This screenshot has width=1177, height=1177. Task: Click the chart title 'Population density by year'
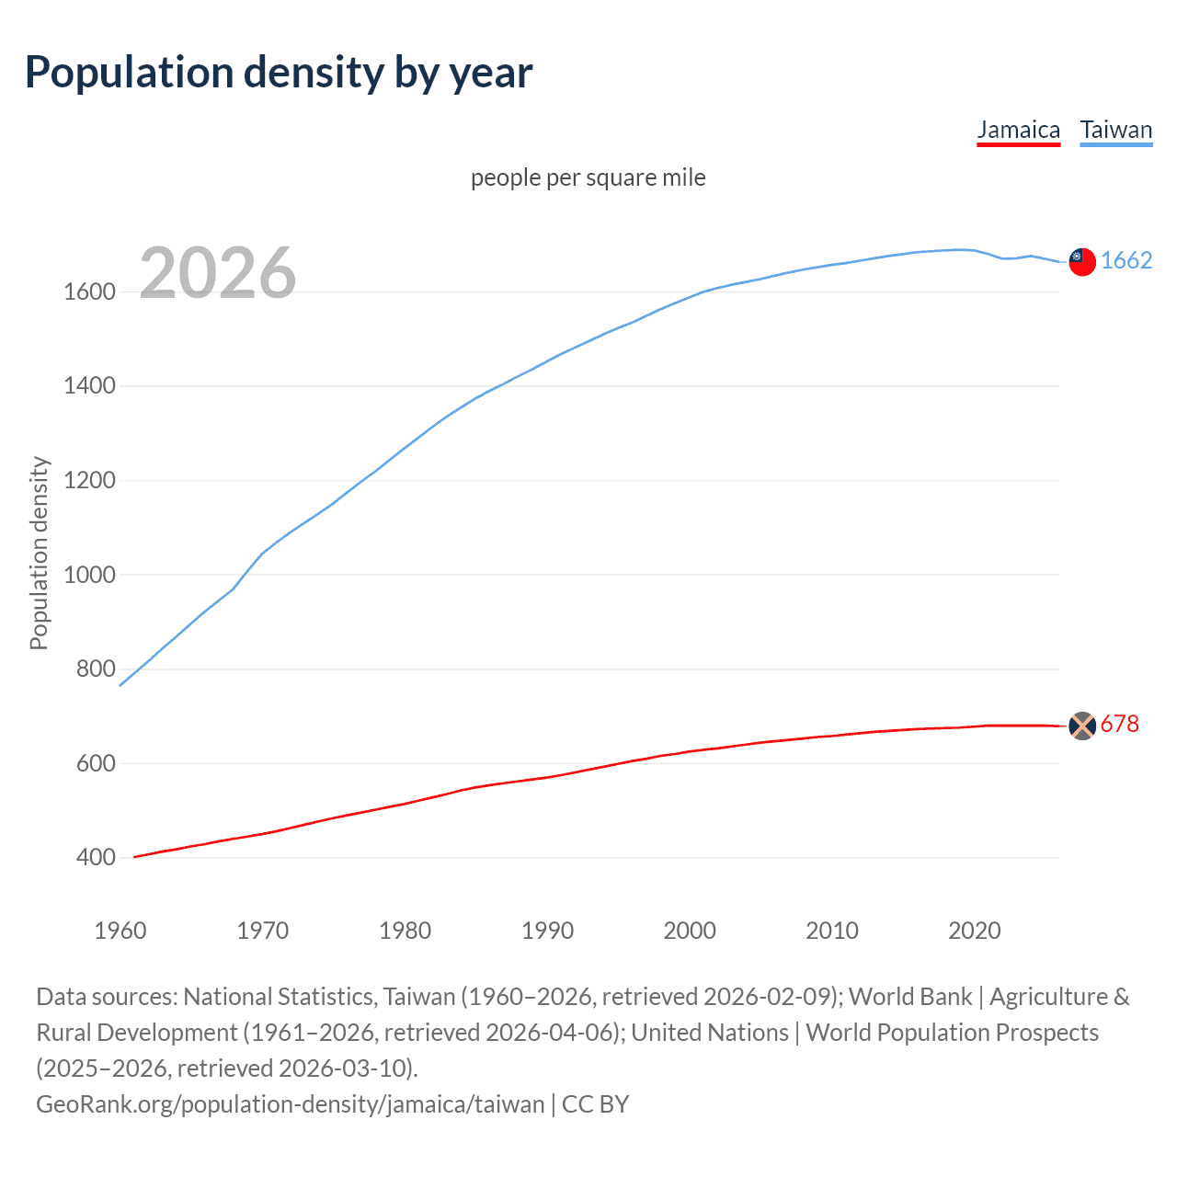click(279, 73)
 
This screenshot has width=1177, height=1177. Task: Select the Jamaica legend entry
click(1018, 130)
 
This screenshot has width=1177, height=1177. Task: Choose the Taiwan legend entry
click(1115, 130)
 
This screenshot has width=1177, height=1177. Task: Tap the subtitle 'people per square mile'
click(588, 177)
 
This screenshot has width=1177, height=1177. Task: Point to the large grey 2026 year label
click(218, 273)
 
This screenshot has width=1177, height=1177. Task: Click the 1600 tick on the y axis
click(89, 292)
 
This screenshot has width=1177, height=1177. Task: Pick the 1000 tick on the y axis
click(89, 575)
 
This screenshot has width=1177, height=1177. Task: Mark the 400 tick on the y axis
click(96, 858)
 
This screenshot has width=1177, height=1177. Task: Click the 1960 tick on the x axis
click(120, 931)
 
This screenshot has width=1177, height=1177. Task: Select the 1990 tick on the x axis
click(547, 931)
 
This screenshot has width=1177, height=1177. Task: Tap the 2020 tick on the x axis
click(974, 931)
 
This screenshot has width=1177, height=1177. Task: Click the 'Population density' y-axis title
click(39, 554)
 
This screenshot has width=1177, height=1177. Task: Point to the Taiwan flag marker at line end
click(1082, 262)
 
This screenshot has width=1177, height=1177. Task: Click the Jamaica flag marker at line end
click(1082, 726)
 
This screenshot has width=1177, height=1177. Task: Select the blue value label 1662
click(1126, 261)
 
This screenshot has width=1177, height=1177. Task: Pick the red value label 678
click(1119, 725)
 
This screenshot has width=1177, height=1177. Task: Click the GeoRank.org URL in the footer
click(290, 1104)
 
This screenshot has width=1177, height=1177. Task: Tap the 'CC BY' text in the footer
click(595, 1104)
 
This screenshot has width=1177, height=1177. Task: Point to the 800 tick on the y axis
click(96, 669)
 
